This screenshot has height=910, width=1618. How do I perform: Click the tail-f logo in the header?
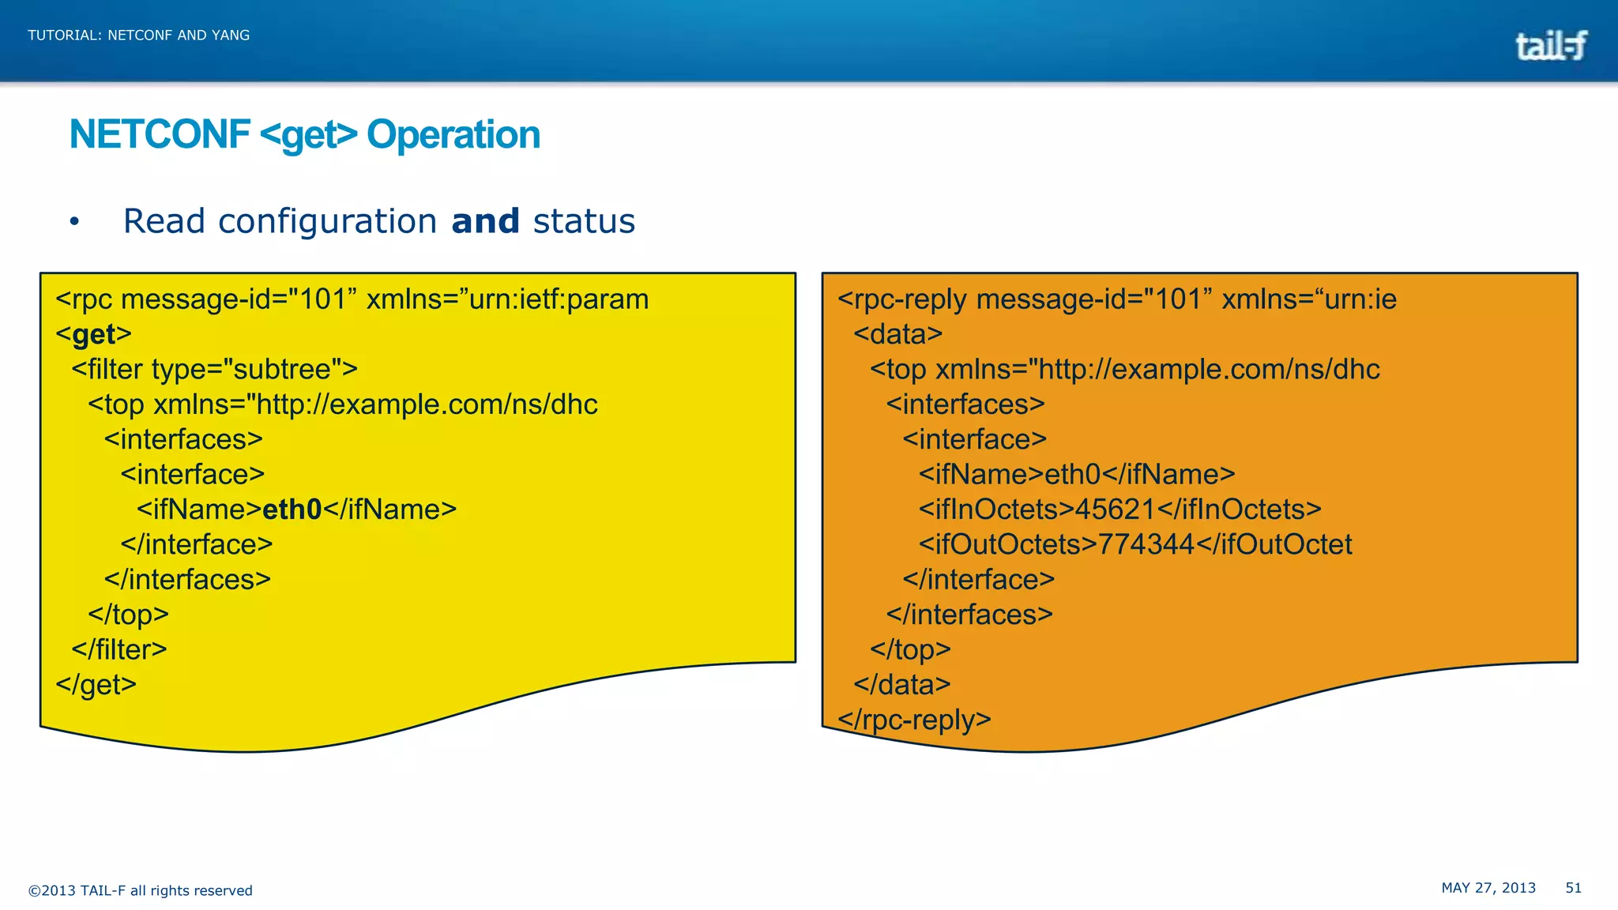[1550, 46]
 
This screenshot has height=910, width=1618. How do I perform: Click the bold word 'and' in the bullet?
[485, 221]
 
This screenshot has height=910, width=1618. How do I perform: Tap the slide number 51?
[1573, 888]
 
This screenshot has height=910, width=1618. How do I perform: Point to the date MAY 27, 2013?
[1488, 888]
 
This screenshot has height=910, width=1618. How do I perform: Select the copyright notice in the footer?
[141, 890]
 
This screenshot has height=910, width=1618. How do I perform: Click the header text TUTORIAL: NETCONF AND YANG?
[139, 36]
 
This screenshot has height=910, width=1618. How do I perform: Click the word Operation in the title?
[453, 135]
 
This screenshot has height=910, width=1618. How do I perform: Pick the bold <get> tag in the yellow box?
[94, 335]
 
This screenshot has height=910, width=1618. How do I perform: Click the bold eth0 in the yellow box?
[292, 510]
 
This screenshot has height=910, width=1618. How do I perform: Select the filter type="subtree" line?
[214, 370]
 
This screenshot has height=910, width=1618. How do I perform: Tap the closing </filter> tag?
[119, 649]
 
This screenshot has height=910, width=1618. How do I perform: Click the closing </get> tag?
[96, 684]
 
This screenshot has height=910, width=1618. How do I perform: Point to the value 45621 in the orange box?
[1115, 510]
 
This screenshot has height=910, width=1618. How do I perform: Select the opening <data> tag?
[898, 335]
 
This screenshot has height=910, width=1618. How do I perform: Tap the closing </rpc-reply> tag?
[914, 720]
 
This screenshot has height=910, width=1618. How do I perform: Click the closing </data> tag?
[902, 684]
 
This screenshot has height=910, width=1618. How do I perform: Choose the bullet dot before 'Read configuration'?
[74, 222]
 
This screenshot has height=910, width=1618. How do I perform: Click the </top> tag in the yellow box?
[128, 615]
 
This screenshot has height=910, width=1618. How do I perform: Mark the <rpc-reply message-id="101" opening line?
[1116, 299]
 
